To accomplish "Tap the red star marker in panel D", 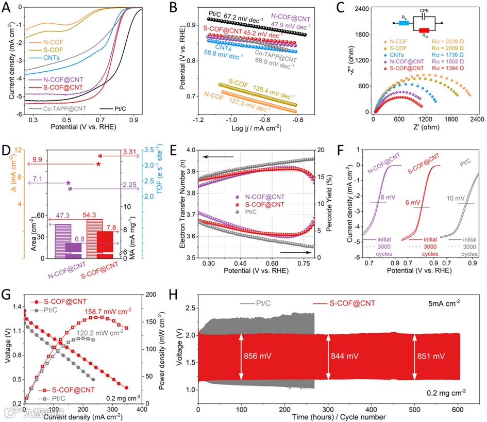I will pyautogui.click(x=98, y=164).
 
